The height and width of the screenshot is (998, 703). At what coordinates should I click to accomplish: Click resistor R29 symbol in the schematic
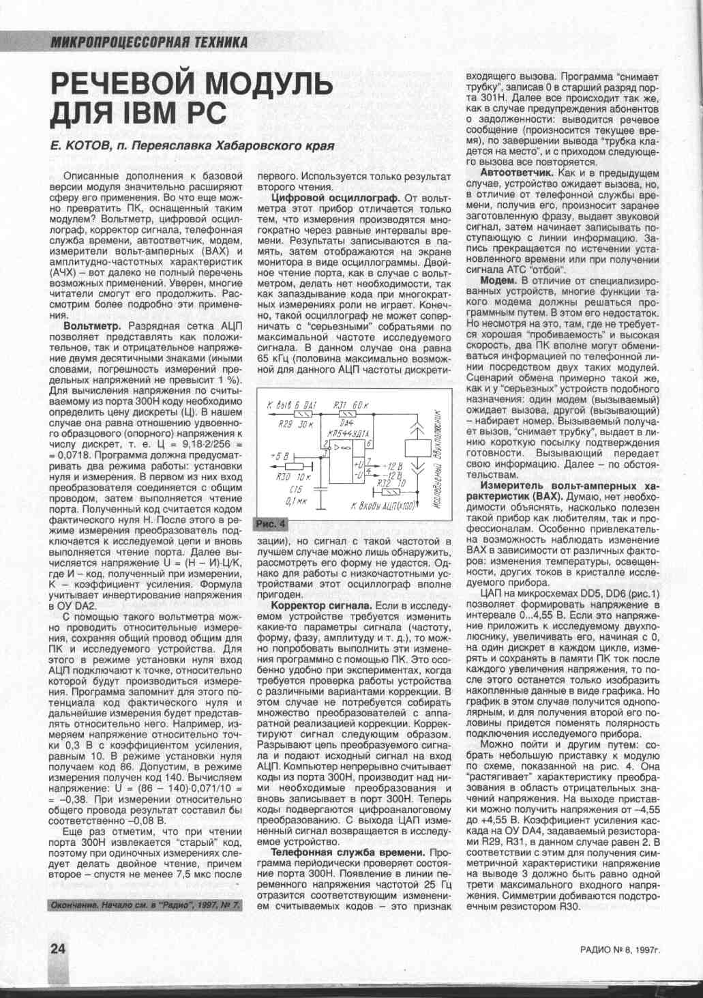[301, 413]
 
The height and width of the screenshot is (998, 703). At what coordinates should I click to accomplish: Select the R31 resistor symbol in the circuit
[348, 413]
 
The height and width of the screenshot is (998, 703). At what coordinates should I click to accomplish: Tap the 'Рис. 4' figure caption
[271, 523]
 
